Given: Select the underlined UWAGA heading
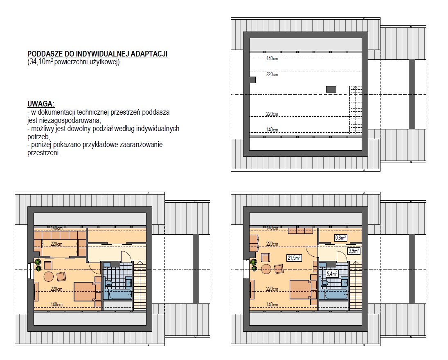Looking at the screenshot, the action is (41, 104).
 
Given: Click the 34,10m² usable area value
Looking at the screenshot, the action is (40, 62).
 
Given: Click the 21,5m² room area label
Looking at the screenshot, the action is (294, 258).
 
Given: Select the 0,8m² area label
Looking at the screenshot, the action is (340, 238).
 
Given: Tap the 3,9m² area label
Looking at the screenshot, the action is (354, 251).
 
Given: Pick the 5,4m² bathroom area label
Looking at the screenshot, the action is (332, 274).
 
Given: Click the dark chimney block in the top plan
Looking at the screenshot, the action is (331, 89).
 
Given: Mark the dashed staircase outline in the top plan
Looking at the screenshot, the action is (356, 110).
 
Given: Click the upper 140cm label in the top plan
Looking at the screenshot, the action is (272, 58).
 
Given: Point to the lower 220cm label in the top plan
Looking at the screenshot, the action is (272, 114).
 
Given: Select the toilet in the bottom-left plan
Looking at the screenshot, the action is (108, 283).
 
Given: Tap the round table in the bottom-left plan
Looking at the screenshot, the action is (48, 276).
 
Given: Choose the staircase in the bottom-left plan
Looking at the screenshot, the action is (140, 285).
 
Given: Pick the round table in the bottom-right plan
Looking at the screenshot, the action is (266, 269).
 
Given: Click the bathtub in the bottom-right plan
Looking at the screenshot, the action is (333, 294).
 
